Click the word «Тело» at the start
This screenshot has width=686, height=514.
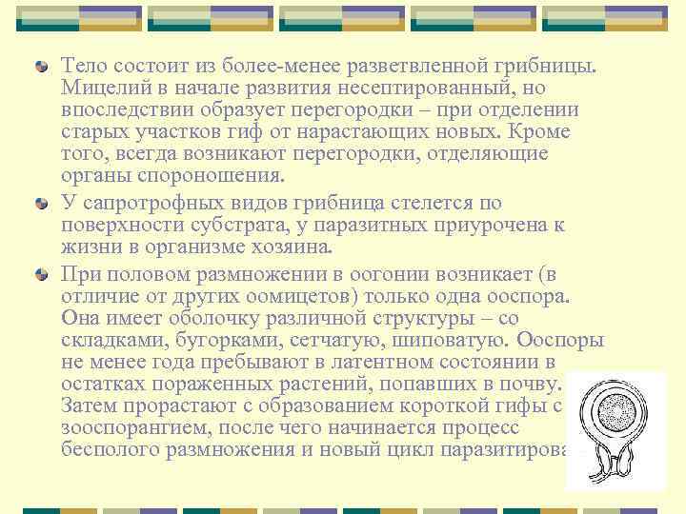coord(83,65)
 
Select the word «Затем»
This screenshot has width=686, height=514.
coord(90,406)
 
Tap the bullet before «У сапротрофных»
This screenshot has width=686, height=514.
coord(40,204)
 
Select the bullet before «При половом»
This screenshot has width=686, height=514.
coord(40,274)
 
